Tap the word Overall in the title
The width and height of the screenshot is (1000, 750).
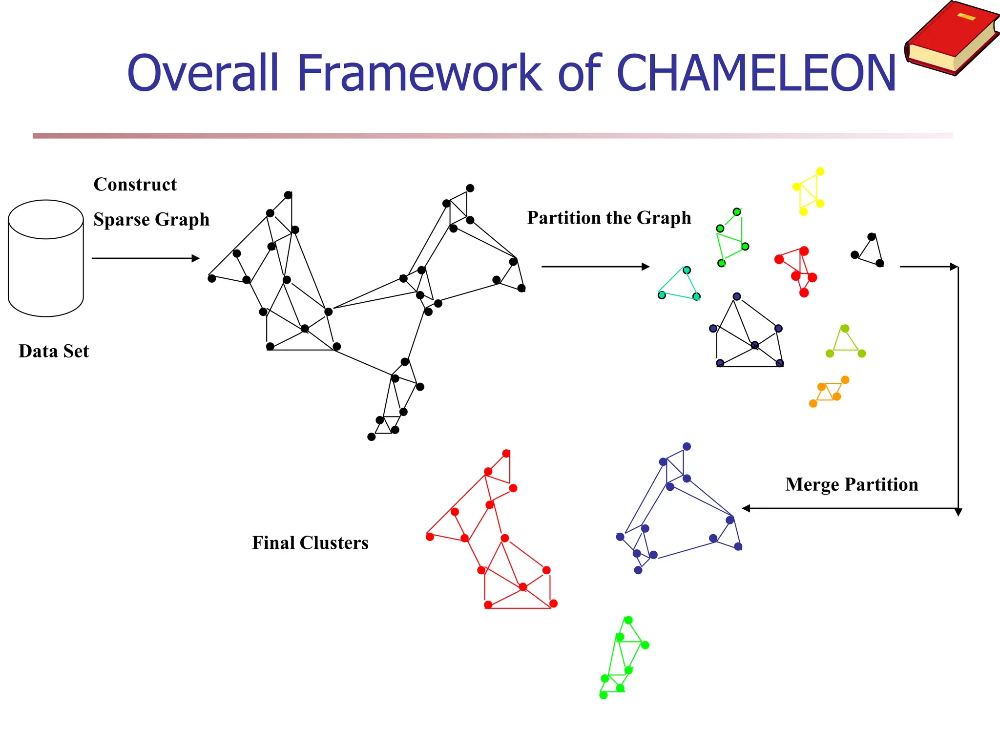click(x=203, y=73)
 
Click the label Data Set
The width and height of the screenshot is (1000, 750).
click(x=54, y=351)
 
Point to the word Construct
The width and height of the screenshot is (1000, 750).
click(x=135, y=185)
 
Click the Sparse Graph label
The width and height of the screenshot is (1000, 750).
click(x=151, y=219)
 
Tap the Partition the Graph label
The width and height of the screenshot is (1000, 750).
click(x=609, y=218)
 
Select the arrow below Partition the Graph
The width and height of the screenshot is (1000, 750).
click(x=595, y=267)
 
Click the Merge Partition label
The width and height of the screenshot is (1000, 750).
click(x=852, y=484)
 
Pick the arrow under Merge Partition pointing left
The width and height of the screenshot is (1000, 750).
click(x=850, y=508)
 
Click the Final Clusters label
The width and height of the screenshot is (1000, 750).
click(x=310, y=543)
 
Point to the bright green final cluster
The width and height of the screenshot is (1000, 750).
click(x=622, y=657)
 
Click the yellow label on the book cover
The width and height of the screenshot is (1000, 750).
click(x=966, y=17)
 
